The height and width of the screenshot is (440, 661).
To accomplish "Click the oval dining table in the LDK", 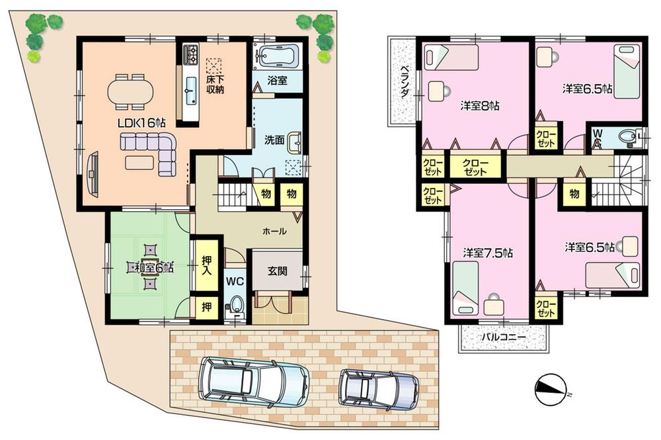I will [x=130, y=91].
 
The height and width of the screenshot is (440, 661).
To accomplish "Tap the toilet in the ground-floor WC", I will [x=235, y=304].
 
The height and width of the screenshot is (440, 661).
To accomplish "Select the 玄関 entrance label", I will [x=277, y=271].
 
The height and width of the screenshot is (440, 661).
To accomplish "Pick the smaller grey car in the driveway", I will [x=378, y=388].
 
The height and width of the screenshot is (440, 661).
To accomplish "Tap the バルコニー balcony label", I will [x=503, y=338].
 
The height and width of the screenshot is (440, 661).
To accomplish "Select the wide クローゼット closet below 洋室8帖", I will [x=475, y=167].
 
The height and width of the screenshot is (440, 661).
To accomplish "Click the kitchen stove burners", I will [x=190, y=52].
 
